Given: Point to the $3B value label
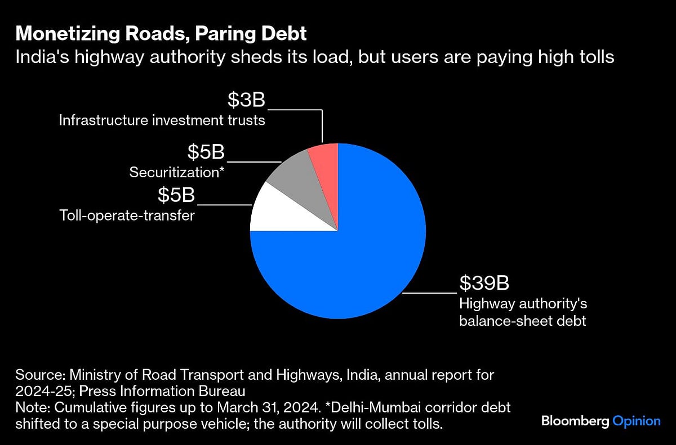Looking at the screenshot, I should pyautogui.click(x=246, y=100).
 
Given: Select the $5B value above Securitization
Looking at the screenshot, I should pyautogui.click(x=206, y=152).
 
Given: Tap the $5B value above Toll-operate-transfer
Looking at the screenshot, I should pyautogui.click(x=176, y=195).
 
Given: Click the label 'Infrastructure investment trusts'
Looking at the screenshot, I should pyautogui.click(x=162, y=120).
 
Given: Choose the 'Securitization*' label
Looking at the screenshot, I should pyautogui.click(x=177, y=172).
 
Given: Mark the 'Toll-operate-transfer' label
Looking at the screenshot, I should pyautogui.click(x=127, y=215).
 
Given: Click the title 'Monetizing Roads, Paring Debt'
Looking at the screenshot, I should pyautogui.click(x=161, y=34).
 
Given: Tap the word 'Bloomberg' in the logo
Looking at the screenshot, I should pyautogui.click(x=575, y=421).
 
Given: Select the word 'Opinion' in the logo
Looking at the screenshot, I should pyautogui.click(x=637, y=421).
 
